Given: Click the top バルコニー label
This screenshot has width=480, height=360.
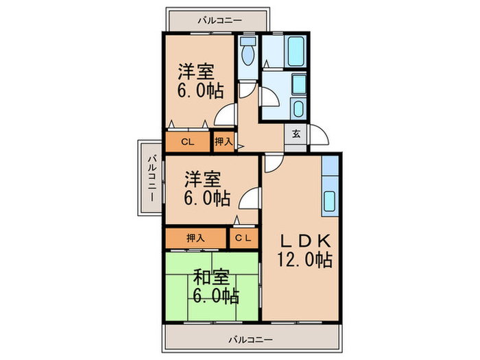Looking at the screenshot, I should (x=219, y=21).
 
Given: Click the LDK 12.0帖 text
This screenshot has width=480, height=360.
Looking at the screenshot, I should (x=305, y=250).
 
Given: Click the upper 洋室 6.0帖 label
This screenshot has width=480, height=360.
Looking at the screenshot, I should (x=200, y=81).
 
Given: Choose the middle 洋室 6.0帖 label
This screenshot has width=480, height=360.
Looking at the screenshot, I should (x=206, y=188).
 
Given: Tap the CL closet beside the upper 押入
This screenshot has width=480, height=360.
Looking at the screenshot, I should (x=187, y=142).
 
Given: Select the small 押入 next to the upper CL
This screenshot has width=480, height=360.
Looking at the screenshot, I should (x=223, y=142).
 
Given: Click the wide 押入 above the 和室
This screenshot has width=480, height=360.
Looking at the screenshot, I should (x=195, y=238).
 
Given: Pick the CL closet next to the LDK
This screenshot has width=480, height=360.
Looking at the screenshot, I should (x=243, y=238).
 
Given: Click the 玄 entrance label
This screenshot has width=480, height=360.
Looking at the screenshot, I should (x=296, y=134).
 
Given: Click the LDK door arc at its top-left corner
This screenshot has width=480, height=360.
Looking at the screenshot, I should (x=272, y=163).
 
